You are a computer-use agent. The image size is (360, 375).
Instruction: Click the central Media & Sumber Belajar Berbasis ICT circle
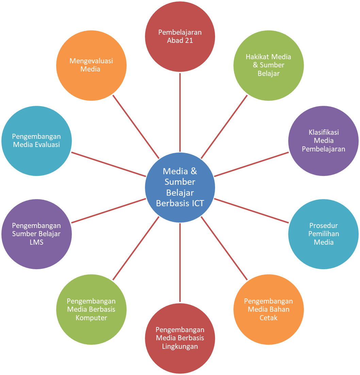pos(180,187)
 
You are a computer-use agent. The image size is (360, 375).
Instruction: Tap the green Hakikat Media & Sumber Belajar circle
pos(268,65)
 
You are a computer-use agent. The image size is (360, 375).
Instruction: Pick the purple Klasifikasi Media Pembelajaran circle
pos(323,141)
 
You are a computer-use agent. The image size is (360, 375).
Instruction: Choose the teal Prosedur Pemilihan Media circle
pos(323,234)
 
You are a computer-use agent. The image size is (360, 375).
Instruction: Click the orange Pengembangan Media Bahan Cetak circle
pos(268,309)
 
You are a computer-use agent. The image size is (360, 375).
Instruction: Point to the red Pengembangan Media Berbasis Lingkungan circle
pos(180,338)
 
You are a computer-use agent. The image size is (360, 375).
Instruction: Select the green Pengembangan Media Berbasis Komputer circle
pos(91,309)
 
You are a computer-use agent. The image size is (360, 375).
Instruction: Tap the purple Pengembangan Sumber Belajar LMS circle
pos(36,234)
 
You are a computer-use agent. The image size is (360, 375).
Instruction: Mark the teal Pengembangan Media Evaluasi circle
pos(36,141)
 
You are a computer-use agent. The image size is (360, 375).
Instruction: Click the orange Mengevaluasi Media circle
pos(91,65)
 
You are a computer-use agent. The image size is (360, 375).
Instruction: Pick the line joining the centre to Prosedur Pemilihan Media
pos(252,211)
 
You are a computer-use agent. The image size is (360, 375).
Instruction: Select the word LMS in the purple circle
pos(36,242)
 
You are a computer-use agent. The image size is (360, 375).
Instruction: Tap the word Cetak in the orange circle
pos(268,318)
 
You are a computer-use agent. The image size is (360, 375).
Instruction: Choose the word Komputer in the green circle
pos(91,318)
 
